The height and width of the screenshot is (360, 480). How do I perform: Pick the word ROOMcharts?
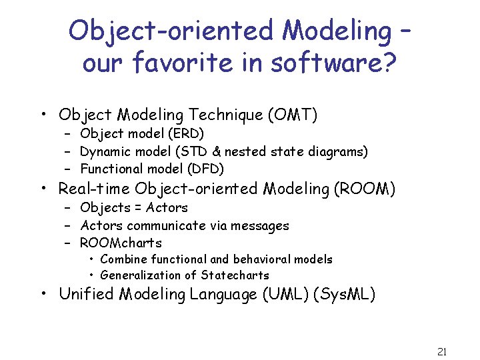point(121,243)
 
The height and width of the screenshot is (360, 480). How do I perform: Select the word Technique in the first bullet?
point(226,115)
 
